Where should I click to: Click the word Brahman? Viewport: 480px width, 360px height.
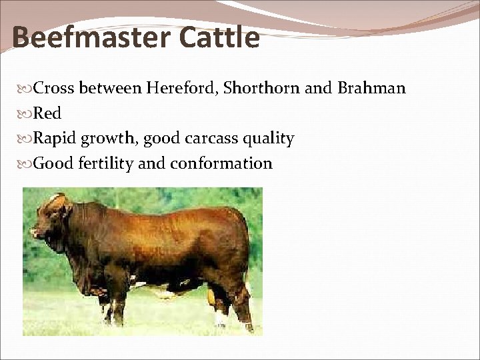(x=371, y=88)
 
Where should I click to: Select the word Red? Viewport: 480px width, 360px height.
(x=47, y=113)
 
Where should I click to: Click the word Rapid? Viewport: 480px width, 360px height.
(x=55, y=139)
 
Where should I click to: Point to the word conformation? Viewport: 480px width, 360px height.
(x=221, y=163)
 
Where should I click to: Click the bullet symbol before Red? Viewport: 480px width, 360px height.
(x=27, y=114)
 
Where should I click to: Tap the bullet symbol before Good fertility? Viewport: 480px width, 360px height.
(x=27, y=164)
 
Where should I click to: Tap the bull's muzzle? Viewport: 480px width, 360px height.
(x=35, y=233)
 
